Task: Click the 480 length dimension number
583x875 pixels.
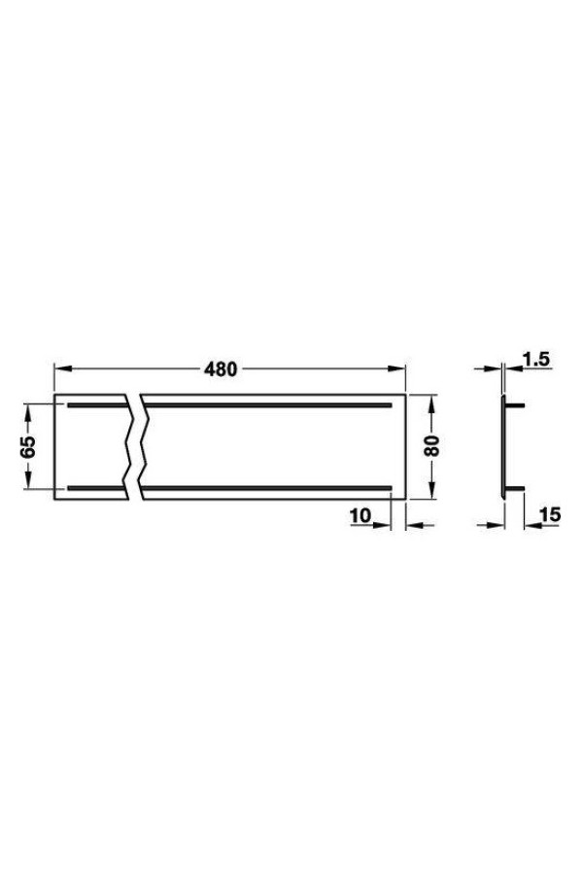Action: tap(221, 368)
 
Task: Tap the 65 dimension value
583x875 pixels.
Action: tap(28, 446)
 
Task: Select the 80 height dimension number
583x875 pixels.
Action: tap(431, 446)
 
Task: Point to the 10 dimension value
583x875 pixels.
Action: tap(360, 516)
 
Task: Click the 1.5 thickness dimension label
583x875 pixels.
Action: tap(536, 360)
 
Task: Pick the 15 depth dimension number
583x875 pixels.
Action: tap(550, 514)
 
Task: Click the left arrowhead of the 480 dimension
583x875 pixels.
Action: tap(62, 368)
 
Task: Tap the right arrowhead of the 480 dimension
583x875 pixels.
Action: tap(396, 368)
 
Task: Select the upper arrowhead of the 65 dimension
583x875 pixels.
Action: tap(28, 412)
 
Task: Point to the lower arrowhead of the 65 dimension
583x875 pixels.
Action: tap(28, 481)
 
